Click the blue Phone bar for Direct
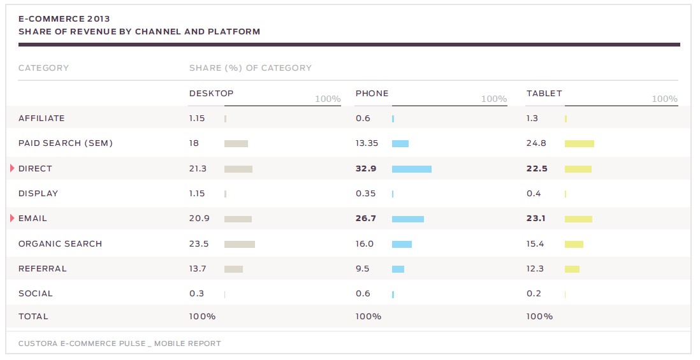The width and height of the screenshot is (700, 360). pos(411,169)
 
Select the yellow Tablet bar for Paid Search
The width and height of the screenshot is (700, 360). pos(579,143)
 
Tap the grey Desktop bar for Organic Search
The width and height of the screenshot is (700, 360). pos(239,244)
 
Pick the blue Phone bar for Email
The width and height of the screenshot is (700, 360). pos(407,219)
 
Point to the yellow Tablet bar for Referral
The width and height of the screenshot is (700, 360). pos(572,269)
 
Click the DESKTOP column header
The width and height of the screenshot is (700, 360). pos(211,94)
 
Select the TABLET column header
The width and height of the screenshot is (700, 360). pos(544,94)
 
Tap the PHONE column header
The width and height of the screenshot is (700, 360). pos(372,94)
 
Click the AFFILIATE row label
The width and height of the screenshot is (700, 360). pos(41,119)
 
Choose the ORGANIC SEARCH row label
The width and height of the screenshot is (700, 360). pos(60,244)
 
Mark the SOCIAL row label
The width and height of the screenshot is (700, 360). pos(36,294)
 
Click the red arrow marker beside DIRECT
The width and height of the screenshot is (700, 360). pos(12,168)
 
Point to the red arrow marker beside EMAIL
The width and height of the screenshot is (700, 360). pos(12,219)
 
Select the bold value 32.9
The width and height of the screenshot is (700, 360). pos(365,169)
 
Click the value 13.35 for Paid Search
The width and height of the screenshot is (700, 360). pos(367,143)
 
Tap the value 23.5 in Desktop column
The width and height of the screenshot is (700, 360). pos(198,244)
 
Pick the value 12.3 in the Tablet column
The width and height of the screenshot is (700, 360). pos(535,269)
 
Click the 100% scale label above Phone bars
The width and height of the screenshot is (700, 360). pos(493,99)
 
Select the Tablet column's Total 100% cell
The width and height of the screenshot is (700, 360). pos(539,317)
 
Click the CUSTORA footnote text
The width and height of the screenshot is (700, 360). pos(119,343)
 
